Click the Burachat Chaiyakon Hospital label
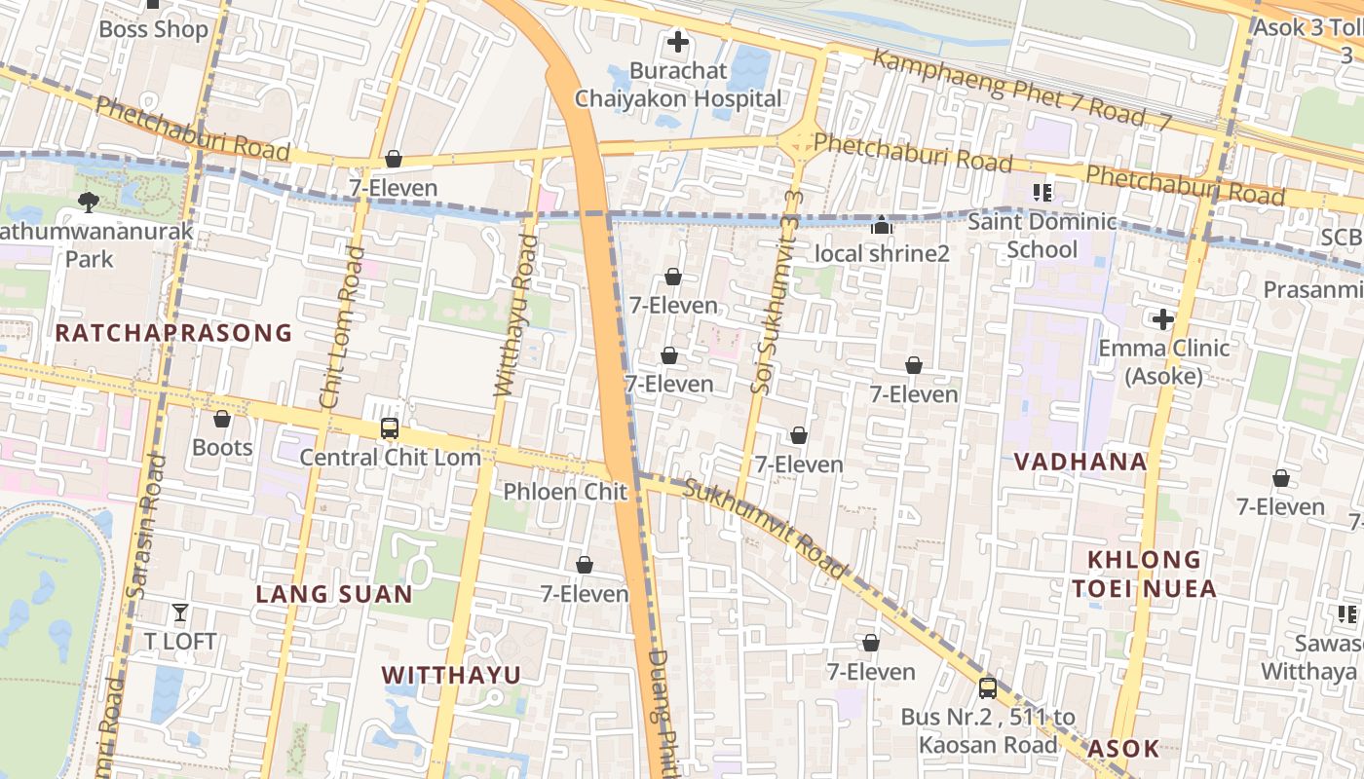[x=677, y=85]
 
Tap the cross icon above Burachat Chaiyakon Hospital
[x=677, y=42]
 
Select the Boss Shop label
[x=154, y=29]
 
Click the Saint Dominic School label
[x=1042, y=236]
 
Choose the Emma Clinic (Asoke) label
[x=1163, y=361]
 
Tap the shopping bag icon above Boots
[x=222, y=419]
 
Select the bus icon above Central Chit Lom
[x=390, y=427]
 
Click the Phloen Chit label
[x=565, y=492]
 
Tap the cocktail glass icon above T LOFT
[x=180, y=612]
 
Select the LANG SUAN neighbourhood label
[x=334, y=594]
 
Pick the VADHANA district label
[x=1080, y=462]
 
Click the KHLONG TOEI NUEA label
[x=1144, y=574]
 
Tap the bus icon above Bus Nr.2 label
[x=988, y=687]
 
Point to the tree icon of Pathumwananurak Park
[x=89, y=202]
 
